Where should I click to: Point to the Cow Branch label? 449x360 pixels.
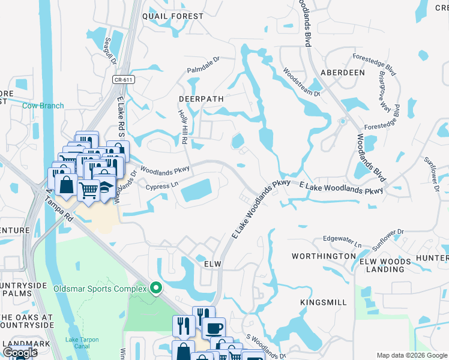[43, 106]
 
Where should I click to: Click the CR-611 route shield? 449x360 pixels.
[123, 79]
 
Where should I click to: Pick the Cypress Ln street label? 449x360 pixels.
[163, 187]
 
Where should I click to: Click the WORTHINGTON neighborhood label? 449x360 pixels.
[324, 256]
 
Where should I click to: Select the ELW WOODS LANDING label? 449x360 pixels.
[385, 265]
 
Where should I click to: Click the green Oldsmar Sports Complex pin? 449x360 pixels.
[156, 289]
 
